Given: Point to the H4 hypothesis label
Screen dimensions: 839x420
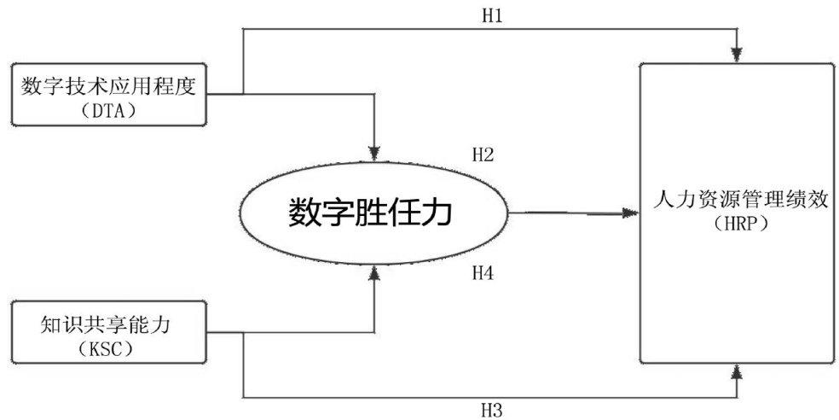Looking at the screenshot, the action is (x=483, y=273).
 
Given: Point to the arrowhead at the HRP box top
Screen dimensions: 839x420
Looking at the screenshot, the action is (x=738, y=55).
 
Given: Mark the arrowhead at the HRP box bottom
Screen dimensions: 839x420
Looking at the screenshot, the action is (x=738, y=369).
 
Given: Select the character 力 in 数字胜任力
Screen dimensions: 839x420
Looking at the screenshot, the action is (x=433, y=213).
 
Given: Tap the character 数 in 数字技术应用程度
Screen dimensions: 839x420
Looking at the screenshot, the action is (x=32, y=85).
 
